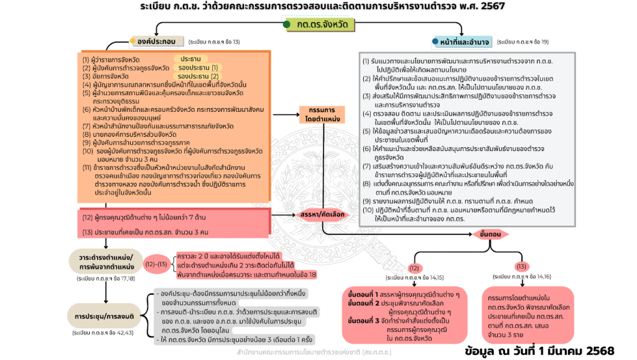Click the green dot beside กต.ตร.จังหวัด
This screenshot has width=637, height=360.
pyautogui.click(x=287, y=25)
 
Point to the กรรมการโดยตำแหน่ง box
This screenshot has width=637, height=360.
pyautogui.click(x=322, y=114)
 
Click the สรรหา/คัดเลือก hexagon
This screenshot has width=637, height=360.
pyautogui.click(x=322, y=214)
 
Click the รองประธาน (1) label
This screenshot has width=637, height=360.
pyautogui.click(x=198, y=67)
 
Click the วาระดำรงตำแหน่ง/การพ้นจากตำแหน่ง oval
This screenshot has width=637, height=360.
pyautogui.click(x=106, y=262)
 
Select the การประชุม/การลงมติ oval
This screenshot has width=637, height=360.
pyautogui.click(x=106, y=315)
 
